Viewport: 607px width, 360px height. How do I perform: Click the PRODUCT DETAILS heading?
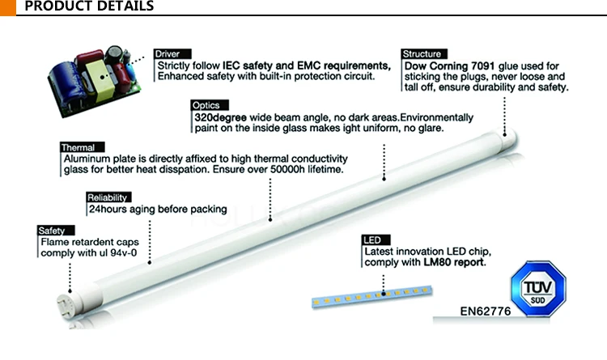[x=89, y=7]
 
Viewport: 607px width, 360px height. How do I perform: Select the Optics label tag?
[x=206, y=105]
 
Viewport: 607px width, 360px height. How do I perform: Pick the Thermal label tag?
[x=78, y=148]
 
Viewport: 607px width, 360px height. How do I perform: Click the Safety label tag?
[x=52, y=231]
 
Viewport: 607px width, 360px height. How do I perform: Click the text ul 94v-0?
[x=125, y=253]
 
